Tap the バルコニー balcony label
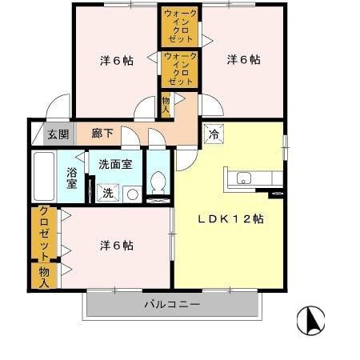[x=172, y=305]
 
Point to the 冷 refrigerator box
[x=213, y=134]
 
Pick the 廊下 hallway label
[x=102, y=134]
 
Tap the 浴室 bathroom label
[x=71, y=178]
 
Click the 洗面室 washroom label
[x=115, y=165]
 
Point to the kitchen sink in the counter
[x=245, y=178]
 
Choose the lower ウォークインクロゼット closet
[x=181, y=70]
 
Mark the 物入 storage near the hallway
[x=166, y=105]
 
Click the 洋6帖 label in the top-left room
[x=116, y=61]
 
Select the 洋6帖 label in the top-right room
[x=243, y=59]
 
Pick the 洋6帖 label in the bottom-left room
[x=116, y=245]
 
